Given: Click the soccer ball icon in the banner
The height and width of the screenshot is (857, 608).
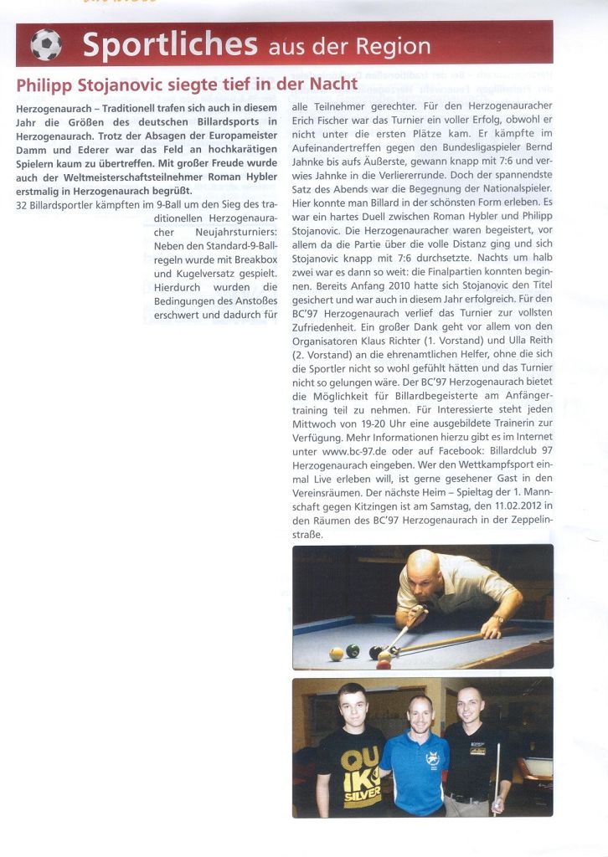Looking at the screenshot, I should click(x=46, y=44).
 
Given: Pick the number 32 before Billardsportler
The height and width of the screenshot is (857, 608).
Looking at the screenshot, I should click(x=23, y=205).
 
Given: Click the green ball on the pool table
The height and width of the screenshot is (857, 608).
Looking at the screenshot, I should click(x=353, y=650).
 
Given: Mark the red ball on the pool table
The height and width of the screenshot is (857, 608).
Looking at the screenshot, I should click(x=384, y=661).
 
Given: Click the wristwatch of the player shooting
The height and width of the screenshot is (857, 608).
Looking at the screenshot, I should click(x=500, y=618).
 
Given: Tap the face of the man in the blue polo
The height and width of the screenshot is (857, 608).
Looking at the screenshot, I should click(x=420, y=714).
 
